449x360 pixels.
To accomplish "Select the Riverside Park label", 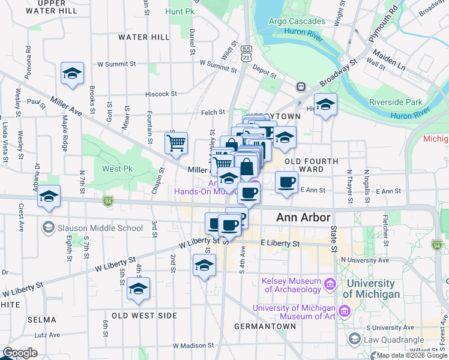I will point(396,102).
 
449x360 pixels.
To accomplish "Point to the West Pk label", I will point(117,169).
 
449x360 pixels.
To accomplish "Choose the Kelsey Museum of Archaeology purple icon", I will point(330,283).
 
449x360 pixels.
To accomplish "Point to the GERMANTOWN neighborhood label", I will point(265,326).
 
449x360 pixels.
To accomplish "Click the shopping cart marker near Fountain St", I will point(176,143).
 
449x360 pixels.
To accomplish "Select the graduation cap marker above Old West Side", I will point(139,289).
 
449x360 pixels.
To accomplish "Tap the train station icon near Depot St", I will point(300,87).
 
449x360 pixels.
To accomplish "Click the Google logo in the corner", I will point(20,353).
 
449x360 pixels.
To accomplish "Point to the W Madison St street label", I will point(193,346).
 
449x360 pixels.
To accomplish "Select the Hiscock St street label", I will point(161,94).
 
